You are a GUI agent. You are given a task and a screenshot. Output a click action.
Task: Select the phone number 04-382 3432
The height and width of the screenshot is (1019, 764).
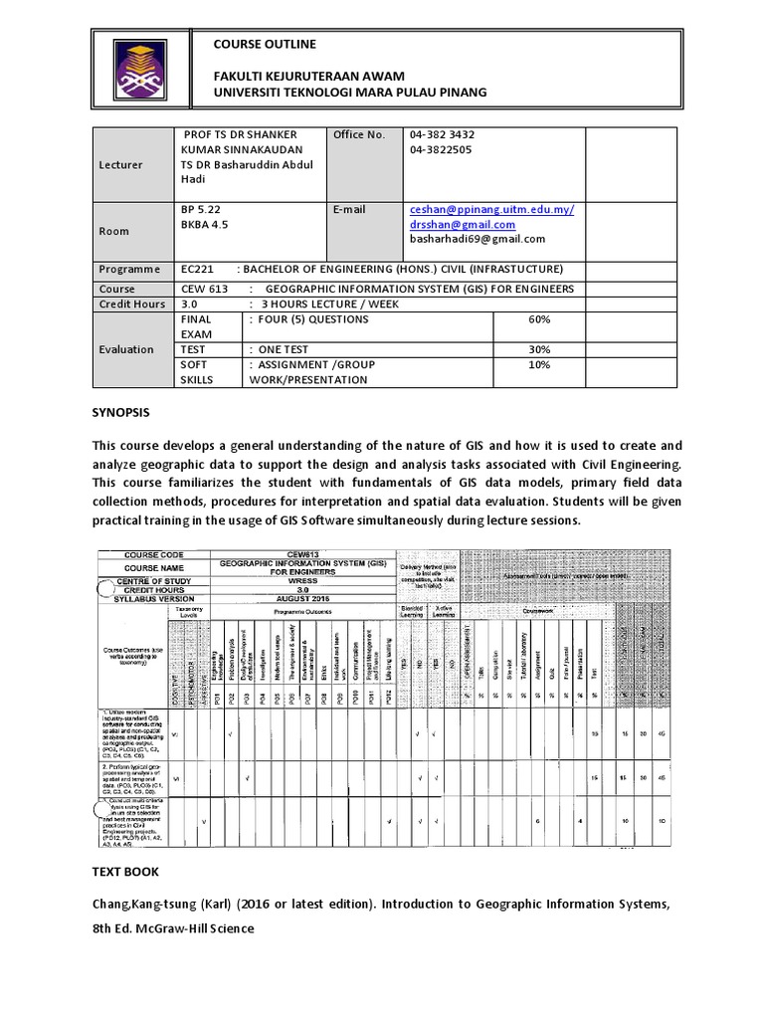pos(442,134)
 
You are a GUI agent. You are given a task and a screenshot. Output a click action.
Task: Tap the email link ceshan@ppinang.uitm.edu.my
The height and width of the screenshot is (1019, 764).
pos(491,210)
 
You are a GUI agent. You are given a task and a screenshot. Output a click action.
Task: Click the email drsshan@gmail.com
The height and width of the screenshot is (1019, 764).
pos(471,225)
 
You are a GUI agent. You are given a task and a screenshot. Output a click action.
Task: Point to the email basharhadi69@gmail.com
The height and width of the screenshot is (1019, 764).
pos(477,239)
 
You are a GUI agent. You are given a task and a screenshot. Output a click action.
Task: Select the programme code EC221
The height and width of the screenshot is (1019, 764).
pos(198,270)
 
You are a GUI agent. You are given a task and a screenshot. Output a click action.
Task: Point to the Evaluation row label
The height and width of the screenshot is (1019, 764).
pos(125,349)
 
